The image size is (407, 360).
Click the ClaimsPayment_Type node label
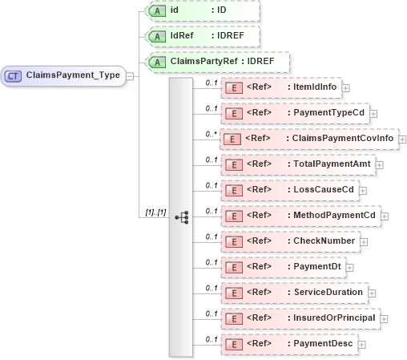tap(73, 76)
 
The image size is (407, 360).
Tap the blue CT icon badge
tap(14, 76)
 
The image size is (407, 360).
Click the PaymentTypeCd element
tap(293, 113)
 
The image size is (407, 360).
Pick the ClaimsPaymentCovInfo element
tap(308, 139)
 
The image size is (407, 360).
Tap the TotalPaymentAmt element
tap(296, 164)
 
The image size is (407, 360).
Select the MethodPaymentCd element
tap(300, 216)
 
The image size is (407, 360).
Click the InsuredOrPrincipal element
tap(300, 318)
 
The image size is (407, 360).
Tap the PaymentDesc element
tap(288, 343)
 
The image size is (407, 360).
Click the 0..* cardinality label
tap(211, 133)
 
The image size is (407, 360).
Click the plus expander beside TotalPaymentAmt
tap(379, 165)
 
